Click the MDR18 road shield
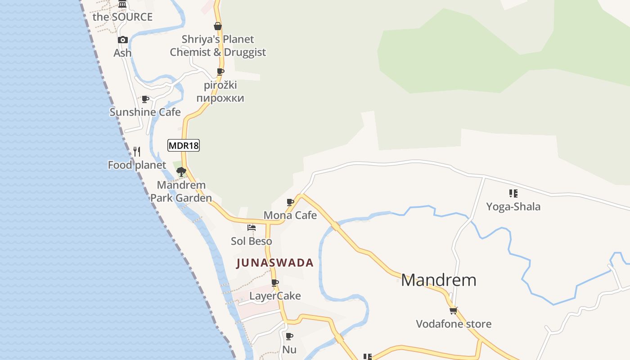(x=184, y=145)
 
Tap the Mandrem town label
(x=438, y=280)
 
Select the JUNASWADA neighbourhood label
(x=274, y=263)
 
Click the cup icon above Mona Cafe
(x=290, y=202)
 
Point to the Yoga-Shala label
(x=513, y=207)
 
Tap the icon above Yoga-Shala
(x=513, y=193)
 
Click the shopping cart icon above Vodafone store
(x=453, y=310)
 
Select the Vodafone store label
(x=454, y=324)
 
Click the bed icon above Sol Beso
(x=252, y=228)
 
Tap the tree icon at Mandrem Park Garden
(x=181, y=171)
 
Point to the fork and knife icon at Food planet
(x=137, y=152)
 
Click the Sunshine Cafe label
(x=145, y=112)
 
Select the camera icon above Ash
(x=122, y=40)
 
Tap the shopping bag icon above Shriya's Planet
(x=218, y=26)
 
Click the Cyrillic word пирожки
(x=220, y=98)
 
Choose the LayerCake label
(x=275, y=296)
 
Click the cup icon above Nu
(x=289, y=336)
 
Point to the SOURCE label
(x=122, y=17)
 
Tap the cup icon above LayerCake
(x=275, y=283)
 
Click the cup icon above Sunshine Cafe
(x=145, y=99)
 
